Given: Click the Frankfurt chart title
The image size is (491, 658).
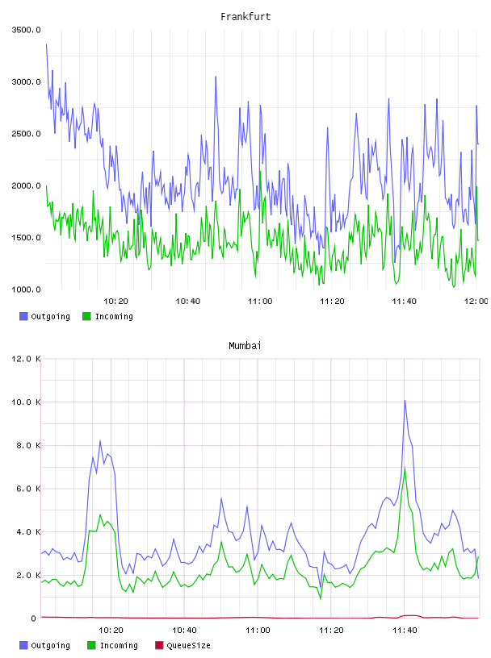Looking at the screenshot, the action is point(245,17).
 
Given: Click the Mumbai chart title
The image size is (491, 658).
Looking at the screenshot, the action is point(245,346).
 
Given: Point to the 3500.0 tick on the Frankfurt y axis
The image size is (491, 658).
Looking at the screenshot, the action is point(26,30).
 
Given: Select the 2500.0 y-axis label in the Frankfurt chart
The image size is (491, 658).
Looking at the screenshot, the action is point(26,134).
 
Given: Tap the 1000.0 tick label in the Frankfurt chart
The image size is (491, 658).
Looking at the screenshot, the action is point(26,289).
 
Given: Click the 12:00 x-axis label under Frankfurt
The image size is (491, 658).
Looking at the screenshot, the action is point(476,302).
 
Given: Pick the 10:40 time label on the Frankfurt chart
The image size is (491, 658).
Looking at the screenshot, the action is point(188,302).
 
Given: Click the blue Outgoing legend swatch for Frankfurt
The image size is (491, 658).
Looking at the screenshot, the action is point(23,316).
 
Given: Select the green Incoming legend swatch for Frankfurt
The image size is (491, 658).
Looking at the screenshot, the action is point(86,316).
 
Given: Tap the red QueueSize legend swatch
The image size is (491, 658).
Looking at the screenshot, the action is point(159,645).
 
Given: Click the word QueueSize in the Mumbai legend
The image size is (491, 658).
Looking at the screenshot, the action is point(188,645).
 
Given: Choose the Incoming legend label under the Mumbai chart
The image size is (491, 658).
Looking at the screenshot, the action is point(119,645).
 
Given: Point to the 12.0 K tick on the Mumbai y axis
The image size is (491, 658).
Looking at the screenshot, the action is point(26,359).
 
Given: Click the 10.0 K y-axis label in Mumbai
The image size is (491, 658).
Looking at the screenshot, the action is point(26,402).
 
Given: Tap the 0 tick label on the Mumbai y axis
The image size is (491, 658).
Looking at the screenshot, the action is point(34,618).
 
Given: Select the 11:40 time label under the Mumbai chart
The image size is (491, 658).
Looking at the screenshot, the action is point(405,631).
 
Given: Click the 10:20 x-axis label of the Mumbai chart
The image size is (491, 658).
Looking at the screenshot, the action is point(111,631).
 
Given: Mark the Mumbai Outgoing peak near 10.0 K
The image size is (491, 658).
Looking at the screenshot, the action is point(405,401).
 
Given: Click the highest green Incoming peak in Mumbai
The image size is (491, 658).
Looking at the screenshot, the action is point(405,467).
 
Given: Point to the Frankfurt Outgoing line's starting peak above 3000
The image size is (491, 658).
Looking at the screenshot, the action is point(46,44).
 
